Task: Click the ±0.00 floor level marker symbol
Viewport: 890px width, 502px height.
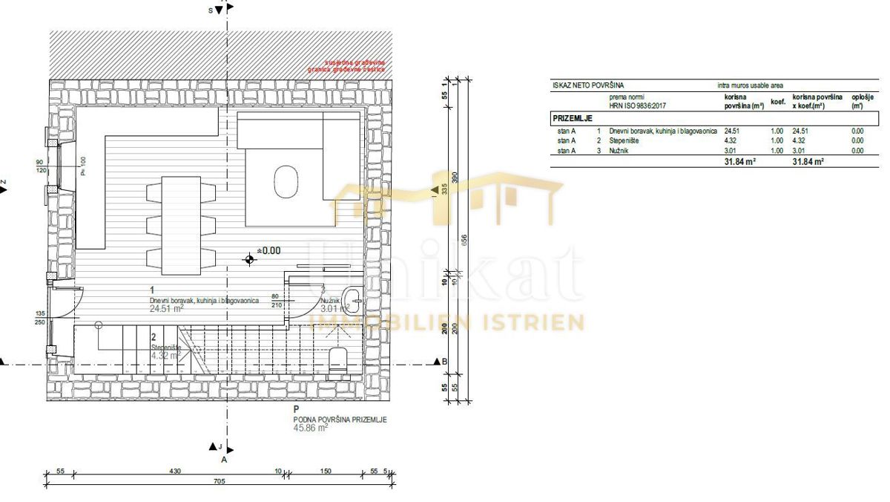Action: point(249,258)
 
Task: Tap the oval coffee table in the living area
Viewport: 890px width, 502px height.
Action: point(285,180)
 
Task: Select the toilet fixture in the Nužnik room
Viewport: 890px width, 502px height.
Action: point(338,359)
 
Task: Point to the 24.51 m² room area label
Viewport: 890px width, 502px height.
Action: point(167,309)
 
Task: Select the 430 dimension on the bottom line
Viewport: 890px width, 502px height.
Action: point(175,472)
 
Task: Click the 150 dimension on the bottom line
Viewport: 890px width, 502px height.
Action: point(325,472)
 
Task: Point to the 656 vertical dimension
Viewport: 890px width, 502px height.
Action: point(464,241)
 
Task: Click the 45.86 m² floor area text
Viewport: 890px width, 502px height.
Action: point(311,428)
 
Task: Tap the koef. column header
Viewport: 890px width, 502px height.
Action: point(778,101)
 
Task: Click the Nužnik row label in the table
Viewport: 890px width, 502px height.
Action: point(619,150)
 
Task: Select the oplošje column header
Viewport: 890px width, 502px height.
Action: point(861,101)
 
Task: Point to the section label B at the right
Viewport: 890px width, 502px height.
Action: point(445,362)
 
